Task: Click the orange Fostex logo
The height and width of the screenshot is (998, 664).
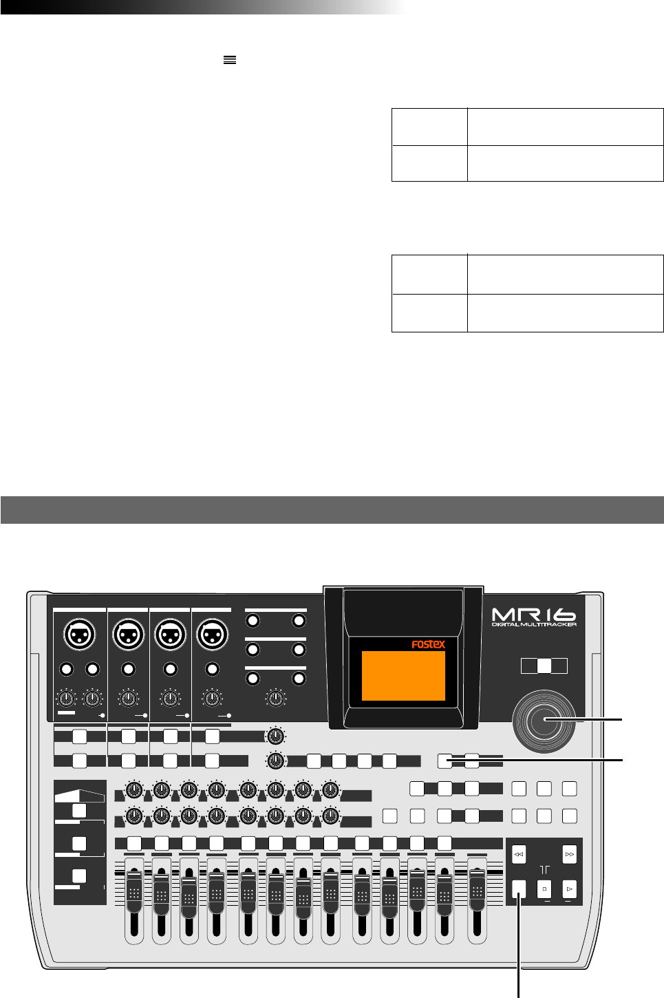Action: click(428, 645)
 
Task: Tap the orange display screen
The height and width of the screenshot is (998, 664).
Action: click(403, 676)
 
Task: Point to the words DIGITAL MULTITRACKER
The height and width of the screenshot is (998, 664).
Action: click(534, 624)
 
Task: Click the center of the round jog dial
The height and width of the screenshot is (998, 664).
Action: click(545, 721)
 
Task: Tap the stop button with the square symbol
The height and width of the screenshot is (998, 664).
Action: click(544, 889)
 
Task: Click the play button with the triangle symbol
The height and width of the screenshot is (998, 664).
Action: click(569, 889)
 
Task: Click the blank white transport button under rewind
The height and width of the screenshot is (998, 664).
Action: click(520, 889)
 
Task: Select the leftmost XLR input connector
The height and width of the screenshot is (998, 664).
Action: click(79, 634)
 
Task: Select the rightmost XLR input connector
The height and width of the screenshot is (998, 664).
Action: click(212, 634)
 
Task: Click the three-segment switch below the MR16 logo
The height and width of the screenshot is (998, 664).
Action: click(544, 666)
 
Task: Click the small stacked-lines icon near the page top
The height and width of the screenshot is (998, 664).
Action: click(230, 61)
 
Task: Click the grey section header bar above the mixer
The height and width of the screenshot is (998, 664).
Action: click(332, 510)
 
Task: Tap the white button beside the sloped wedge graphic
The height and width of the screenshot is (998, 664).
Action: click(79, 811)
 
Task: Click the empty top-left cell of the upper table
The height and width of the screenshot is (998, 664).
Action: click(429, 127)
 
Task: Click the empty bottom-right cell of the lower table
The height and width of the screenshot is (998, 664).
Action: click(565, 312)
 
